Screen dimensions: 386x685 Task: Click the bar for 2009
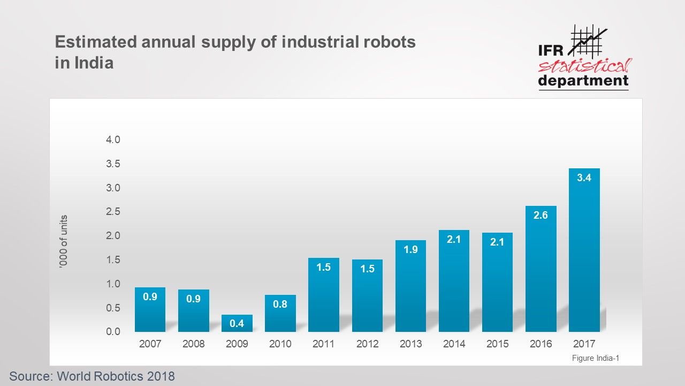tap(237, 323)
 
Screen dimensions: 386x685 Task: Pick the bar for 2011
tap(324, 295)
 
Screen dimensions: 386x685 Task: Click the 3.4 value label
tap(584, 178)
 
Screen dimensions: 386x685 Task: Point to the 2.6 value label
tap(541, 215)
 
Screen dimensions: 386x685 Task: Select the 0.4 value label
tap(237, 323)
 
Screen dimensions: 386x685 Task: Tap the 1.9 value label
tap(410, 249)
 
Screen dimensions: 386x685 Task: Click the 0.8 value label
tap(280, 304)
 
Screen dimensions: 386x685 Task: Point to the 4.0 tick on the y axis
tap(113, 140)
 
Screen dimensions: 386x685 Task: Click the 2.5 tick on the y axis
tap(113, 212)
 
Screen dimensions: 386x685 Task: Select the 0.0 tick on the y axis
tap(113, 332)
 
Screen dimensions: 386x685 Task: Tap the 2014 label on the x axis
tap(454, 344)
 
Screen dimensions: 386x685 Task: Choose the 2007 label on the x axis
tap(150, 344)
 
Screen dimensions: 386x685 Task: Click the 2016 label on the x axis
tap(541, 344)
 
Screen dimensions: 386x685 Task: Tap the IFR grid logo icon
tap(588, 40)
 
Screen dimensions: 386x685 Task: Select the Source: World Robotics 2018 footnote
tap(92, 376)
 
